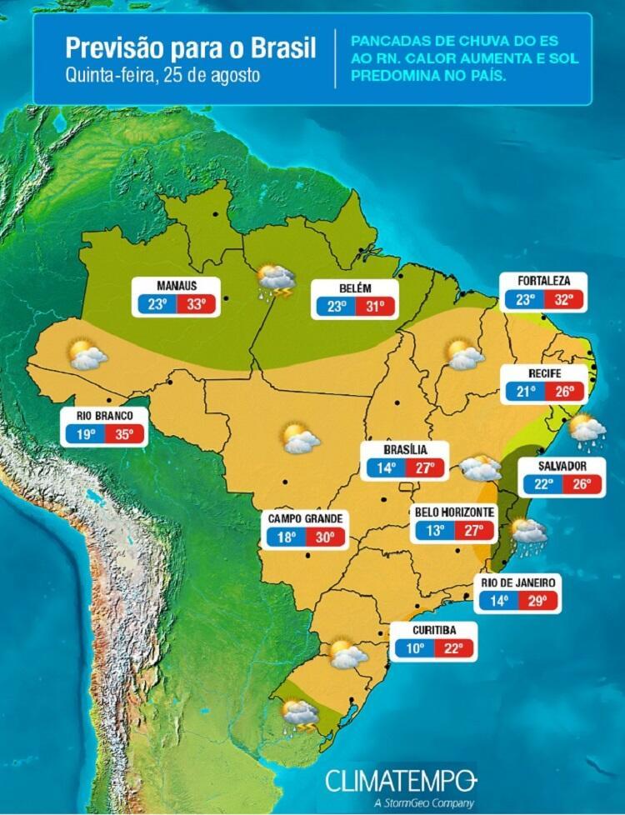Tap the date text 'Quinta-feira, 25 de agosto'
(162, 74)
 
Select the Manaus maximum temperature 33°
(196, 304)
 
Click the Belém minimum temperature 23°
(336, 307)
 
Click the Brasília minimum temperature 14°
(385, 467)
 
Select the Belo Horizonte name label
(454, 512)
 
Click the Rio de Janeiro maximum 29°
(537, 600)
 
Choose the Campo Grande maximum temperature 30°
(325, 537)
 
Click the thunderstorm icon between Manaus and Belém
(275, 280)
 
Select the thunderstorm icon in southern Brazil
(300, 715)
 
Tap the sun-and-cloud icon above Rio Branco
(87, 355)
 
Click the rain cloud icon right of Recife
(587, 428)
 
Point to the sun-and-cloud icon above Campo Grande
(300, 438)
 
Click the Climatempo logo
(401, 782)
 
